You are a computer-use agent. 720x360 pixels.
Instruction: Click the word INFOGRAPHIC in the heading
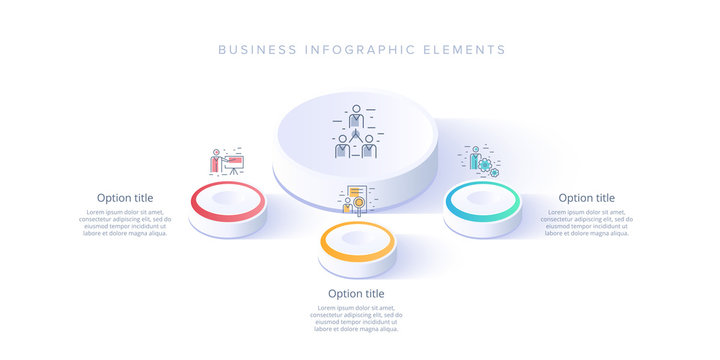coord(364,49)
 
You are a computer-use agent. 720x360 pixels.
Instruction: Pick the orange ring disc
coord(357,241)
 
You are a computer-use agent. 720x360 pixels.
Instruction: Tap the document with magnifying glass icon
coord(356,201)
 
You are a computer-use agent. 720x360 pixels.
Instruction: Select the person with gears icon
coord(480,160)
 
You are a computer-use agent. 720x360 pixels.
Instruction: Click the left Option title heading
coord(125,198)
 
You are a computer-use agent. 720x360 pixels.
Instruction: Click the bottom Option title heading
coord(356,293)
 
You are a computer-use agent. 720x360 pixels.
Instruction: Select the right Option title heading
coord(587,198)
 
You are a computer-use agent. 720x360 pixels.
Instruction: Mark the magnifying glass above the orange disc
coord(351,208)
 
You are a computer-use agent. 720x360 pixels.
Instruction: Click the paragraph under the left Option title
coord(125,222)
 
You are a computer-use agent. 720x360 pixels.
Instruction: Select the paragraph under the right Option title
coord(587,222)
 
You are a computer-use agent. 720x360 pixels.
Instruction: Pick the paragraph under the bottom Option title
coord(356,318)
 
